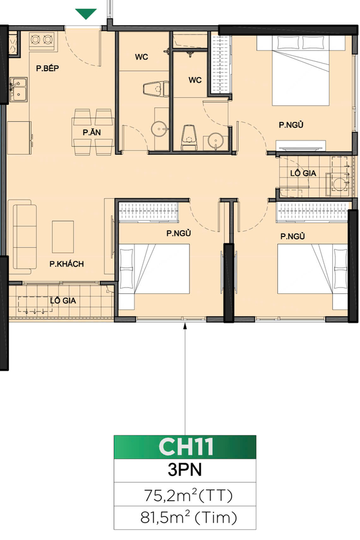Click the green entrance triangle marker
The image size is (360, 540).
87,14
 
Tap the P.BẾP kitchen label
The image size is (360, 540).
50,69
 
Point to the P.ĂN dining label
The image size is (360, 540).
91,131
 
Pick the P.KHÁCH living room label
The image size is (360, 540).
66,263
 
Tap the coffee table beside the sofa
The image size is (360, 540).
64,236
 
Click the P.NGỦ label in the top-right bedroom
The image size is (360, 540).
291,125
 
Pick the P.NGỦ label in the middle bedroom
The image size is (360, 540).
179,233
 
